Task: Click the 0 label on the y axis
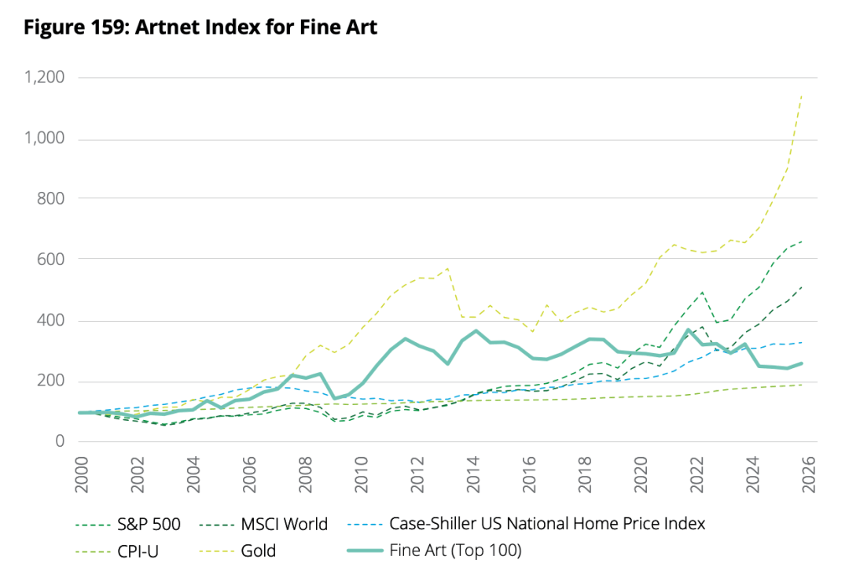tap(59, 441)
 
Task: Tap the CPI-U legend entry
tap(140, 551)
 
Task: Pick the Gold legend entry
tap(259, 551)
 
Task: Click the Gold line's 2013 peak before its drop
tap(448, 268)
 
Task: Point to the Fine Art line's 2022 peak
tap(689, 330)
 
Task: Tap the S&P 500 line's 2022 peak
tap(701, 292)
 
